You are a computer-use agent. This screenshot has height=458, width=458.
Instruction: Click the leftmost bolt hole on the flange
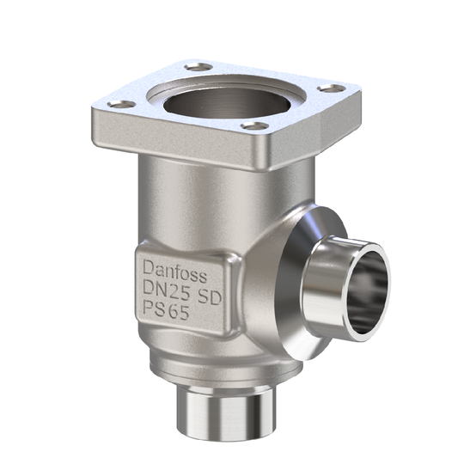(x=122, y=104)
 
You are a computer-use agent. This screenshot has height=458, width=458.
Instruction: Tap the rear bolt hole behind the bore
(x=199, y=65)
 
